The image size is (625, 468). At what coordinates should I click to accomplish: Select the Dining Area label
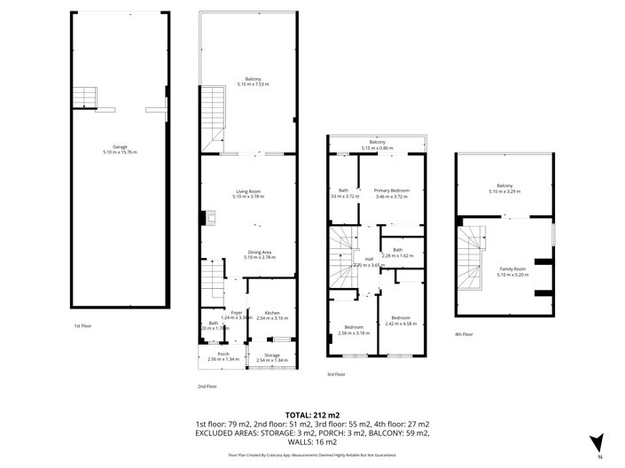[260, 252]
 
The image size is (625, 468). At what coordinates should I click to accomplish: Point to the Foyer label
[237, 312]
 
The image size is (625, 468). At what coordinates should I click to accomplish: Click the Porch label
[211, 354]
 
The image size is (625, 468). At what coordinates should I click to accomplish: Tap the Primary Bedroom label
[390, 190]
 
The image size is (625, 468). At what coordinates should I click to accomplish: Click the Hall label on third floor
[369, 259]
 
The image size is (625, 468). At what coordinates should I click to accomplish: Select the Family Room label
[512, 269]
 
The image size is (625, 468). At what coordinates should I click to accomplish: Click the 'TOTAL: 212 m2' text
[312, 414]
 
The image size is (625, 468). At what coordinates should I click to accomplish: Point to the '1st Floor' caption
[84, 326]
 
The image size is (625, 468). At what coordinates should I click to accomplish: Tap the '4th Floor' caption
[464, 334]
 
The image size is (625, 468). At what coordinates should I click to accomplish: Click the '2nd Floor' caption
[207, 386]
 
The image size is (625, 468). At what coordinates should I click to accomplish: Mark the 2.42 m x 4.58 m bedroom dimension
[401, 323]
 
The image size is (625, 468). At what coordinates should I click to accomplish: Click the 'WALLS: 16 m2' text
[312, 441]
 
